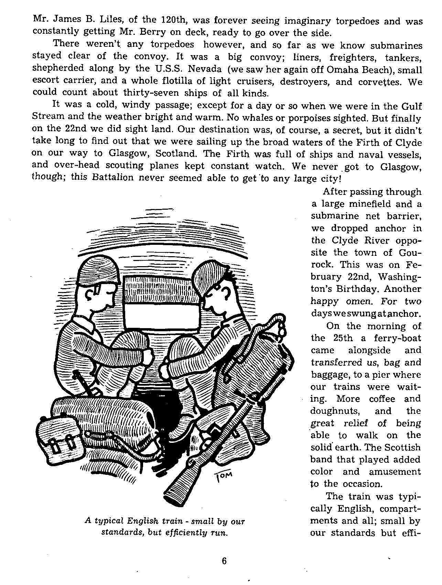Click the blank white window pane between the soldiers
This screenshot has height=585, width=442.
pyautogui.click(x=162, y=316)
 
